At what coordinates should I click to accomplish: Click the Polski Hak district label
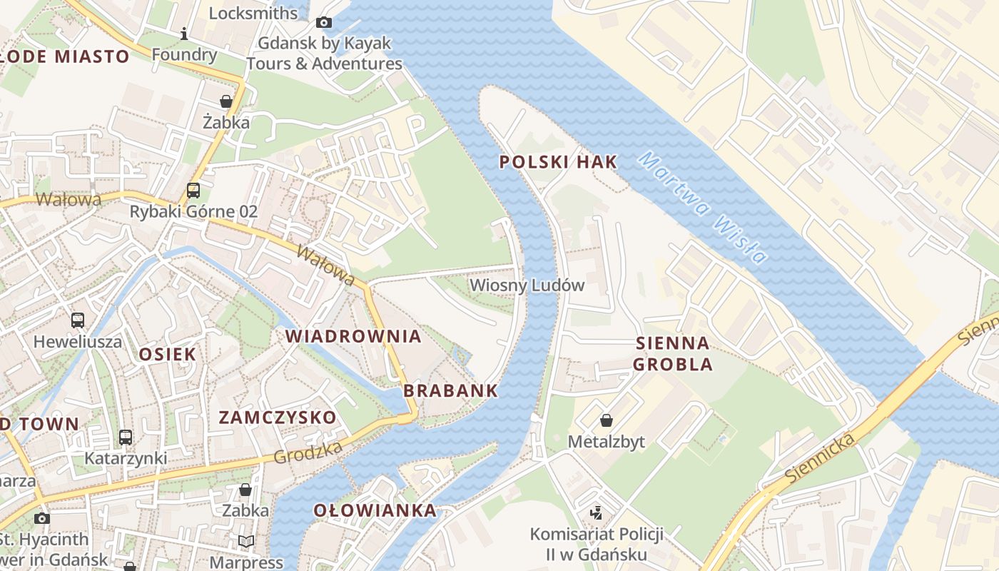pyautogui.click(x=558, y=162)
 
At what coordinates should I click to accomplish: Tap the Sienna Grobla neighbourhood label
pyautogui.click(x=672, y=354)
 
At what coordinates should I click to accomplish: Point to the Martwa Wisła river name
pyautogui.click(x=702, y=208)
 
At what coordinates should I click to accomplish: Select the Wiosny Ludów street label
pyautogui.click(x=527, y=285)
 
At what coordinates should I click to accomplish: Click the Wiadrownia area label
pyautogui.click(x=353, y=336)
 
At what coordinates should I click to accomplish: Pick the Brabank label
pyautogui.click(x=450, y=390)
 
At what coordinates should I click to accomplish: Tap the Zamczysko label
pyautogui.click(x=277, y=418)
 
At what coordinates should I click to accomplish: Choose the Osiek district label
pyautogui.click(x=167, y=354)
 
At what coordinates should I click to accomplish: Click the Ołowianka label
pyautogui.click(x=375, y=510)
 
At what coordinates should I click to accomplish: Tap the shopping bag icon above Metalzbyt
pyautogui.click(x=606, y=420)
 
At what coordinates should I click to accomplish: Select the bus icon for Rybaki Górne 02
pyautogui.click(x=193, y=191)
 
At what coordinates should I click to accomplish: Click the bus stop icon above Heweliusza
pyautogui.click(x=78, y=320)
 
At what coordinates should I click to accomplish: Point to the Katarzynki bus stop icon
pyautogui.click(x=126, y=437)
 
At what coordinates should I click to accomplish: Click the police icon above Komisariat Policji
pyautogui.click(x=597, y=512)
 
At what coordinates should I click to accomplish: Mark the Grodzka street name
pyautogui.click(x=308, y=452)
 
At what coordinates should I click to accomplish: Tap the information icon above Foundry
pyautogui.click(x=184, y=34)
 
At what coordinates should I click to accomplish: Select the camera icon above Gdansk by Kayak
pyautogui.click(x=324, y=22)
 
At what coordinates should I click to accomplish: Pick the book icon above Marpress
pyautogui.click(x=246, y=541)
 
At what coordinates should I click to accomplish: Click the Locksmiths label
pyautogui.click(x=253, y=13)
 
